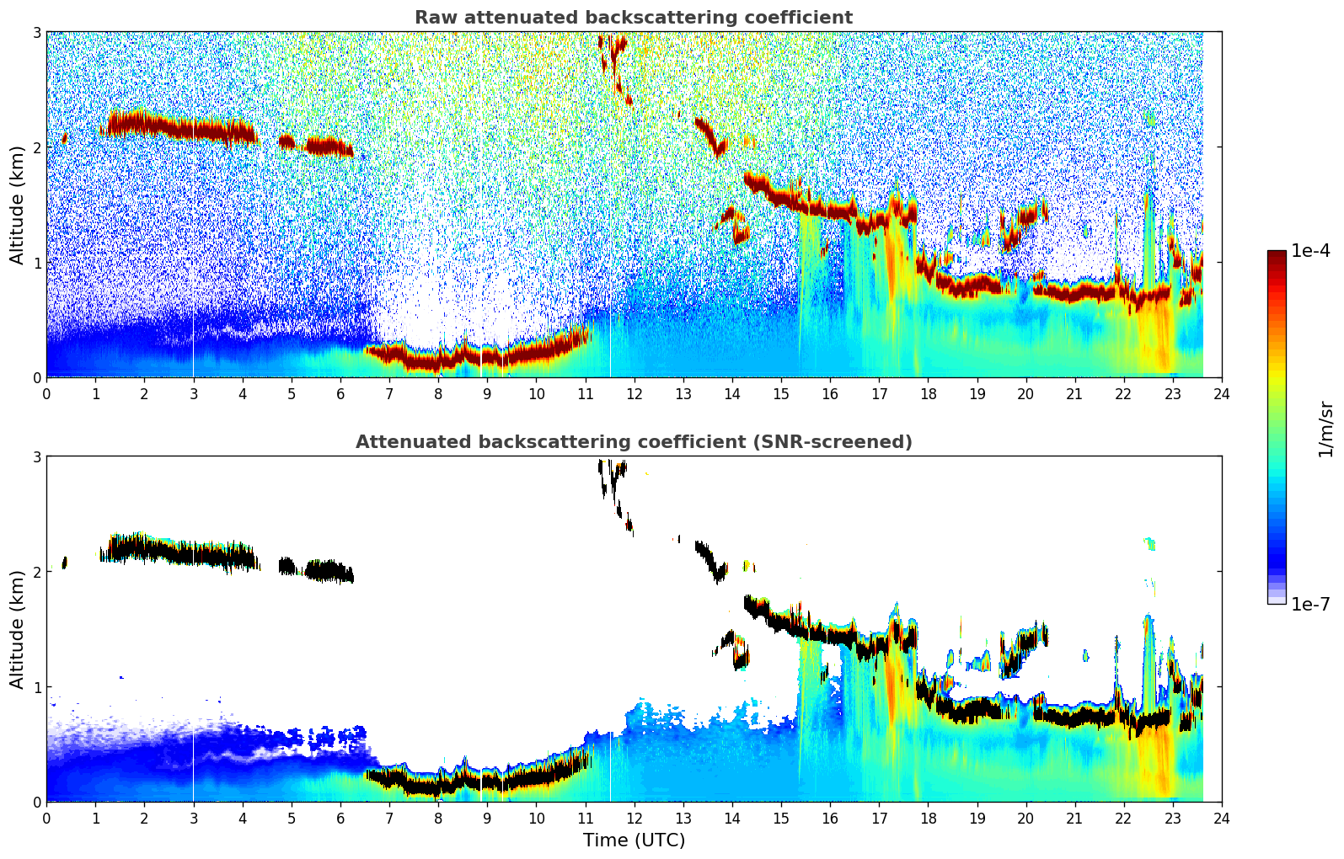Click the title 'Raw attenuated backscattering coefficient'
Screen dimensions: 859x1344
click(x=633, y=18)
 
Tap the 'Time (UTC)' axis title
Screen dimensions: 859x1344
click(x=634, y=840)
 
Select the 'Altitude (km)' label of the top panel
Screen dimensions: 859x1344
click(x=17, y=205)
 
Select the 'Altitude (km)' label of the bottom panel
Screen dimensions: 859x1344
click(x=17, y=629)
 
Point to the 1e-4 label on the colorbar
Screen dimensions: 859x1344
click(x=1310, y=251)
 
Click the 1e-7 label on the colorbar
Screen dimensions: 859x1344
click(x=1310, y=604)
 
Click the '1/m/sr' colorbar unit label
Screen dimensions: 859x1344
click(x=1325, y=429)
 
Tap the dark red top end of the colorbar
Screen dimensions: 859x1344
click(x=1276, y=255)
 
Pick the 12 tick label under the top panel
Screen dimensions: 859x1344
click(x=634, y=394)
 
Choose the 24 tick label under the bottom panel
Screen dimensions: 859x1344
click(x=1222, y=819)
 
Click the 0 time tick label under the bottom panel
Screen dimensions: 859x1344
click(x=46, y=819)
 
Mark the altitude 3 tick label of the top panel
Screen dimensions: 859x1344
click(x=37, y=32)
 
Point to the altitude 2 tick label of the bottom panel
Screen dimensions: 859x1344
click(x=37, y=572)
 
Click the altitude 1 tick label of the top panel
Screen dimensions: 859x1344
click(x=37, y=263)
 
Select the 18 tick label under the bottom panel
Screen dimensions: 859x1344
click(x=928, y=819)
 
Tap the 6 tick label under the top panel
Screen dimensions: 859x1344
click(x=340, y=394)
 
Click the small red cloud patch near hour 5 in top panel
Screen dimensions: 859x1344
click(x=287, y=141)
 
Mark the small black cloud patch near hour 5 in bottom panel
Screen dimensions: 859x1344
click(x=287, y=566)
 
